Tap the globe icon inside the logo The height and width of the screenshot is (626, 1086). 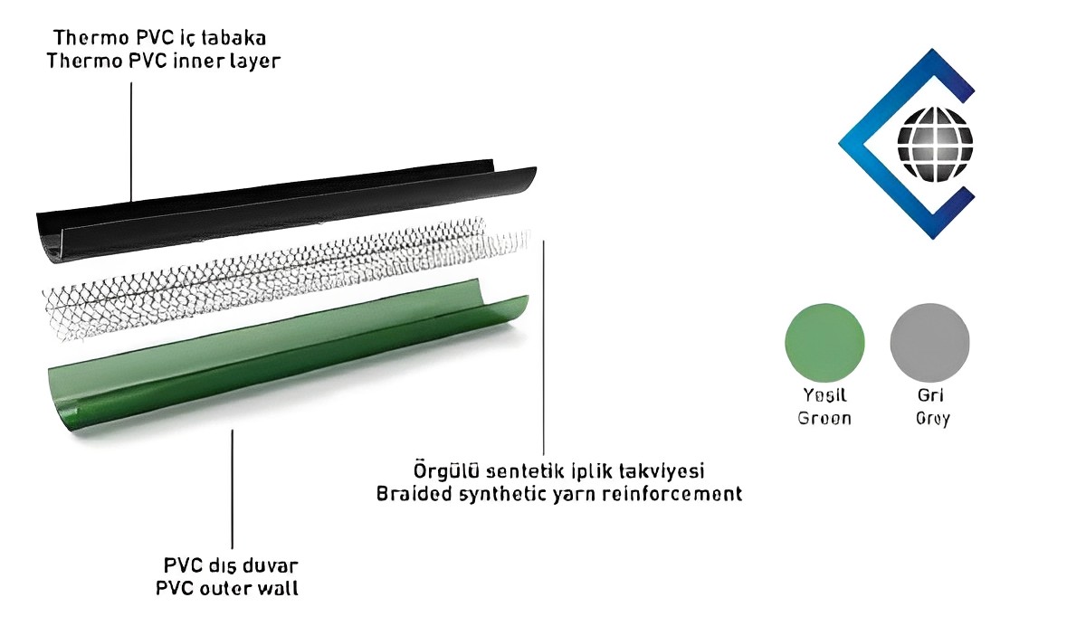935,144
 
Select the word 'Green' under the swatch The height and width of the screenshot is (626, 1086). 824,419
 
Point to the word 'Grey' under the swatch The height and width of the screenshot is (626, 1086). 932,419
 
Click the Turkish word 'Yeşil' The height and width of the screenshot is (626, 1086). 824,395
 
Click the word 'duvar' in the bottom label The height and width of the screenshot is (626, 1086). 272,565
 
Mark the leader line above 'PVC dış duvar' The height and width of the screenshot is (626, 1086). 233,488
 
